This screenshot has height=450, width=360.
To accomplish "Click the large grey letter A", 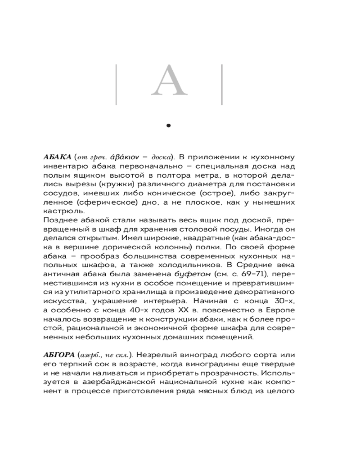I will click(x=169, y=81).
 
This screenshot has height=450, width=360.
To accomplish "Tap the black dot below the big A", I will click(x=169, y=126).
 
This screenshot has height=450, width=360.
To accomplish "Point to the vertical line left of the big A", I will click(x=116, y=85).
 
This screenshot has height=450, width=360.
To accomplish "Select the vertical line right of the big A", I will click(x=222, y=85).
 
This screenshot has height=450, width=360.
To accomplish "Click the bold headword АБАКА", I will click(x=57, y=157).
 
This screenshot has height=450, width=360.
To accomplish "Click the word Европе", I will click(x=279, y=310).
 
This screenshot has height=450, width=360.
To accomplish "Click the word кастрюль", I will click(x=58, y=211).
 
